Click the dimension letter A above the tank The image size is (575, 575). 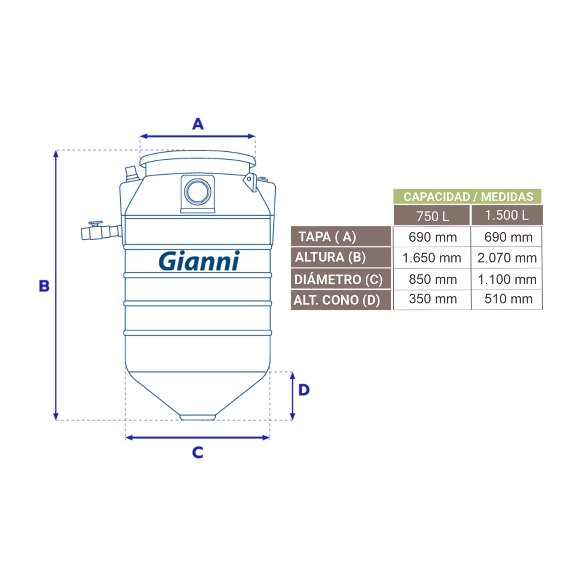(198, 124)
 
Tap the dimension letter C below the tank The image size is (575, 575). (198, 453)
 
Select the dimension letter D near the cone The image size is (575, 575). (304, 390)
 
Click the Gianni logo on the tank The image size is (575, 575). (199, 261)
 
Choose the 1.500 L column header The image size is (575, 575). (507, 215)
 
